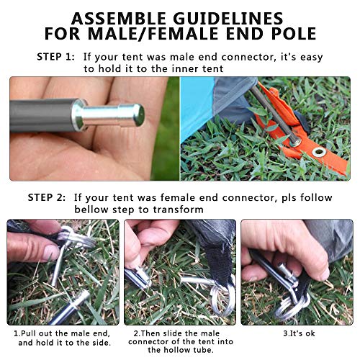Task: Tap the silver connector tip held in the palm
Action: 120,114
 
